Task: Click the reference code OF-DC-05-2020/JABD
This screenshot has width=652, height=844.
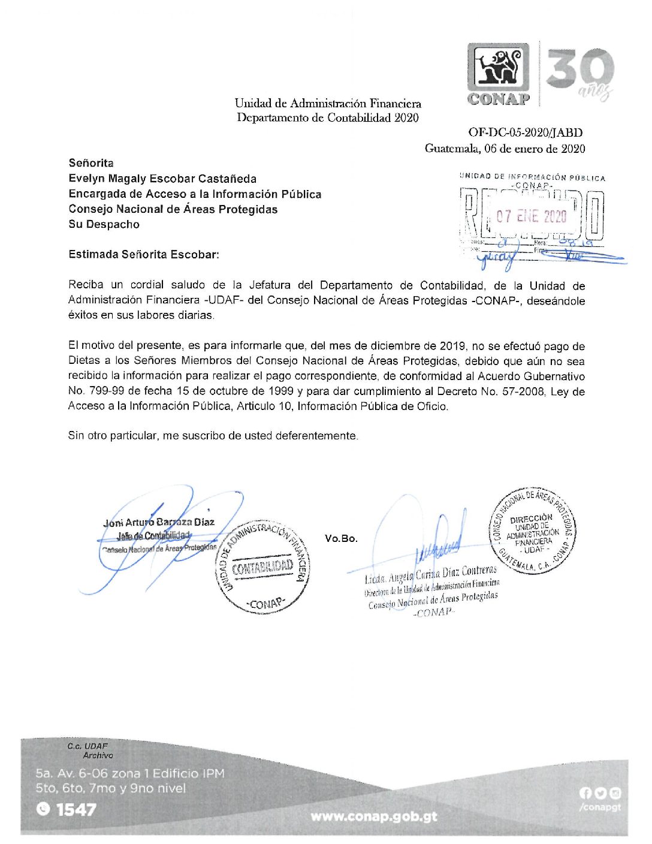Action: tap(526, 132)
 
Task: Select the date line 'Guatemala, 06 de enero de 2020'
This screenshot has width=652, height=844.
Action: tap(505, 148)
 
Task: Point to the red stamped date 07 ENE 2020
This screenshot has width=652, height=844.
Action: tap(531, 216)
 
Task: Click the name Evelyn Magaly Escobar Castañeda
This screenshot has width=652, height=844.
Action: tap(162, 179)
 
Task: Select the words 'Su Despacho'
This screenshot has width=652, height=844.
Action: tap(104, 224)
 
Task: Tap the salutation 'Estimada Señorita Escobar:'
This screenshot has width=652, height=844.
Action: tap(144, 254)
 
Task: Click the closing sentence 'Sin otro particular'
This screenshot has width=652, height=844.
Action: tap(213, 436)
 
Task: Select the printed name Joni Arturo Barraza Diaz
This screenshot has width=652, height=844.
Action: tap(159, 522)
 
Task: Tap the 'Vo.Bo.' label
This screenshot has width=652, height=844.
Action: tap(341, 538)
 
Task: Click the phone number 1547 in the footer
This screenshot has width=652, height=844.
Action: tap(76, 810)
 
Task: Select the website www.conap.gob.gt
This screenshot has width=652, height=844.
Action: tap(374, 816)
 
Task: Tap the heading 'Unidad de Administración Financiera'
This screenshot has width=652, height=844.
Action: tap(328, 103)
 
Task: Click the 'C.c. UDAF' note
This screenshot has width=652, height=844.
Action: tap(87, 746)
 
